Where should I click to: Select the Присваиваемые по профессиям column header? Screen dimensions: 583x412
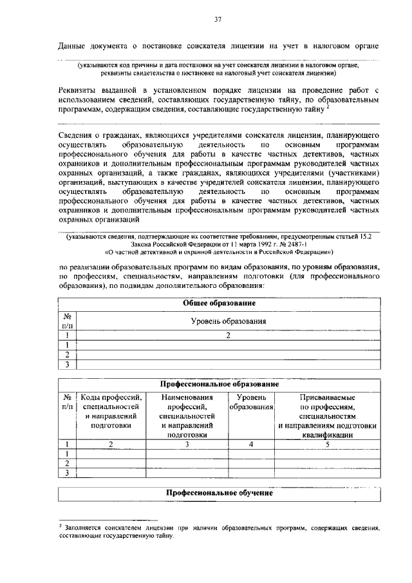pyautogui.click(x=327, y=416)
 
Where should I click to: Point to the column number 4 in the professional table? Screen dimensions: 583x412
pyautogui.click(x=251, y=444)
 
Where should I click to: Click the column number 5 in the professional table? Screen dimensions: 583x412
pyautogui.click(x=327, y=444)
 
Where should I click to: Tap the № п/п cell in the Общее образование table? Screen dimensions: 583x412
pyautogui.click(x=67, y=321)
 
